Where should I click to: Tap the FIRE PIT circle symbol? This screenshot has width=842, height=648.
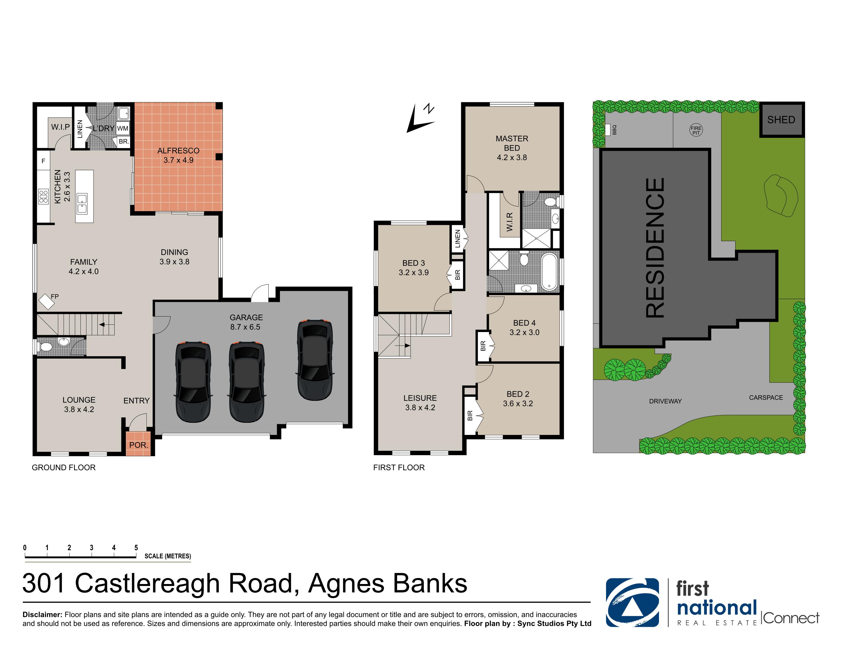[x=696, y=131]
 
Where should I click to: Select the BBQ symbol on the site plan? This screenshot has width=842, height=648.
[x=608, y=130]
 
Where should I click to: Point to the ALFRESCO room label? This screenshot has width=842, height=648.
[x=179, y=151]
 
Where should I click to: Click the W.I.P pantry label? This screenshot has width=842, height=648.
[x=61, y=127]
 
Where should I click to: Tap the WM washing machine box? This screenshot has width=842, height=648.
[x=122, y=129]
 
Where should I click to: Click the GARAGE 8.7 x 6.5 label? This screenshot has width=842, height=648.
[x=246, y=322]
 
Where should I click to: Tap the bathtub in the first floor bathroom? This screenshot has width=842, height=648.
[x=549, y=271]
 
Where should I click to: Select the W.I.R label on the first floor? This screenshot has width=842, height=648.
[x=509, y=222]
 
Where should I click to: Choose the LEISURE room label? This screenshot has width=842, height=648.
[x=420, y=398]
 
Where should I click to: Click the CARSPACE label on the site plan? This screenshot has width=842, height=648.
[x=766, y=398]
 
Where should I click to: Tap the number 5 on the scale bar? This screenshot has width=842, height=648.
[x=136, y=548]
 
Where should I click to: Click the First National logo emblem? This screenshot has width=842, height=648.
[x=632, y=603]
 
